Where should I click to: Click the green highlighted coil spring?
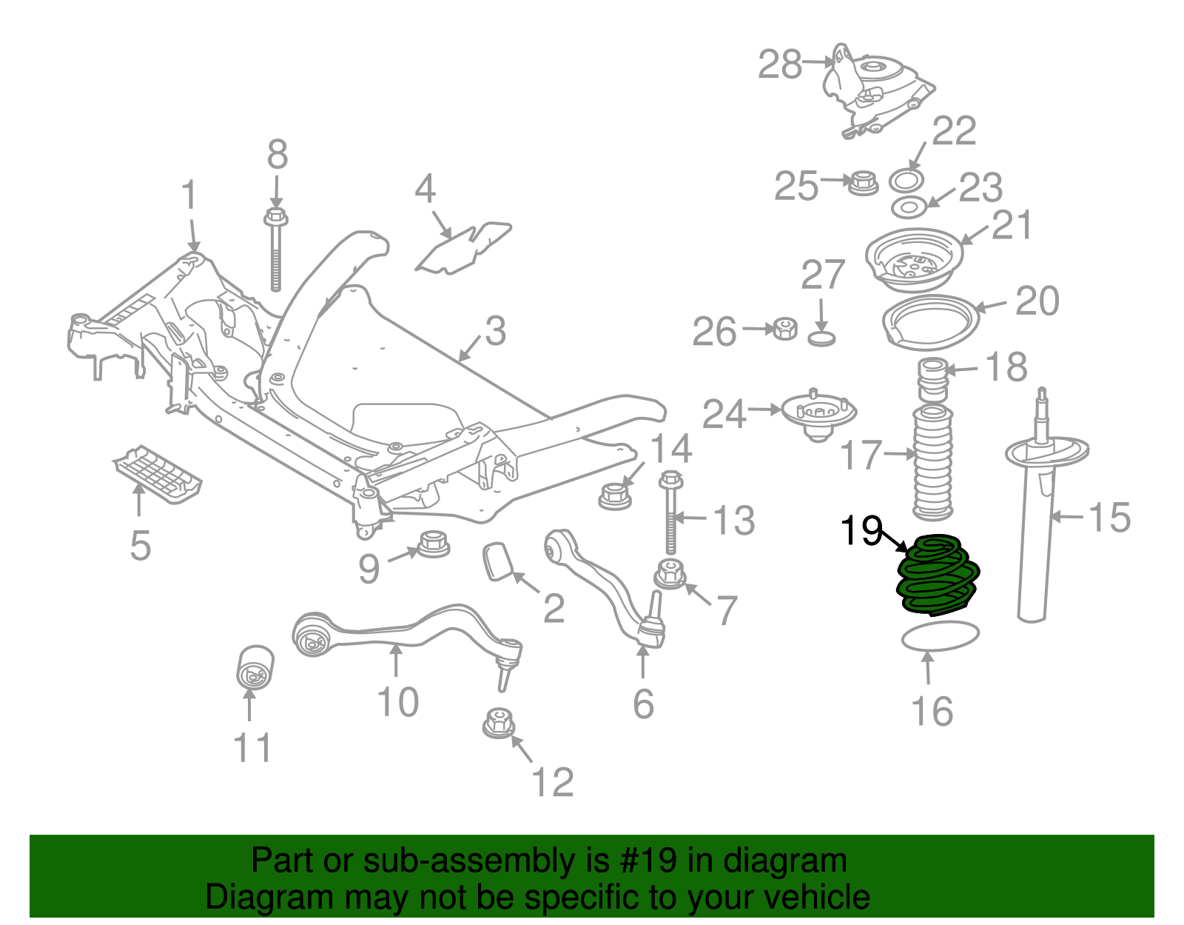(x=938, y=575)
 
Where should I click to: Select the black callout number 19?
(x=861, y=530)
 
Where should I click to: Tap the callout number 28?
(x=780, y=64)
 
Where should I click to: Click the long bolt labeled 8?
(x=275, y=252)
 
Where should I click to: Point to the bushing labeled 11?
(x=255, y=666)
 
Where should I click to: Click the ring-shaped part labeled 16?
(x=940, y=635)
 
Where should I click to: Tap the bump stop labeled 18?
(x=932, y=378)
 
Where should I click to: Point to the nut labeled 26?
(x=784, y=329)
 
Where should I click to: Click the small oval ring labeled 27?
(x=821, y=339)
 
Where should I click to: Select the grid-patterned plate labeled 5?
(x=158, y=473)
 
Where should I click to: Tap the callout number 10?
(x=397, y=701)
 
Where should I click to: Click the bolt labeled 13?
(x=671, y=515)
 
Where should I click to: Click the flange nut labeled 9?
(x=434, y=544)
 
